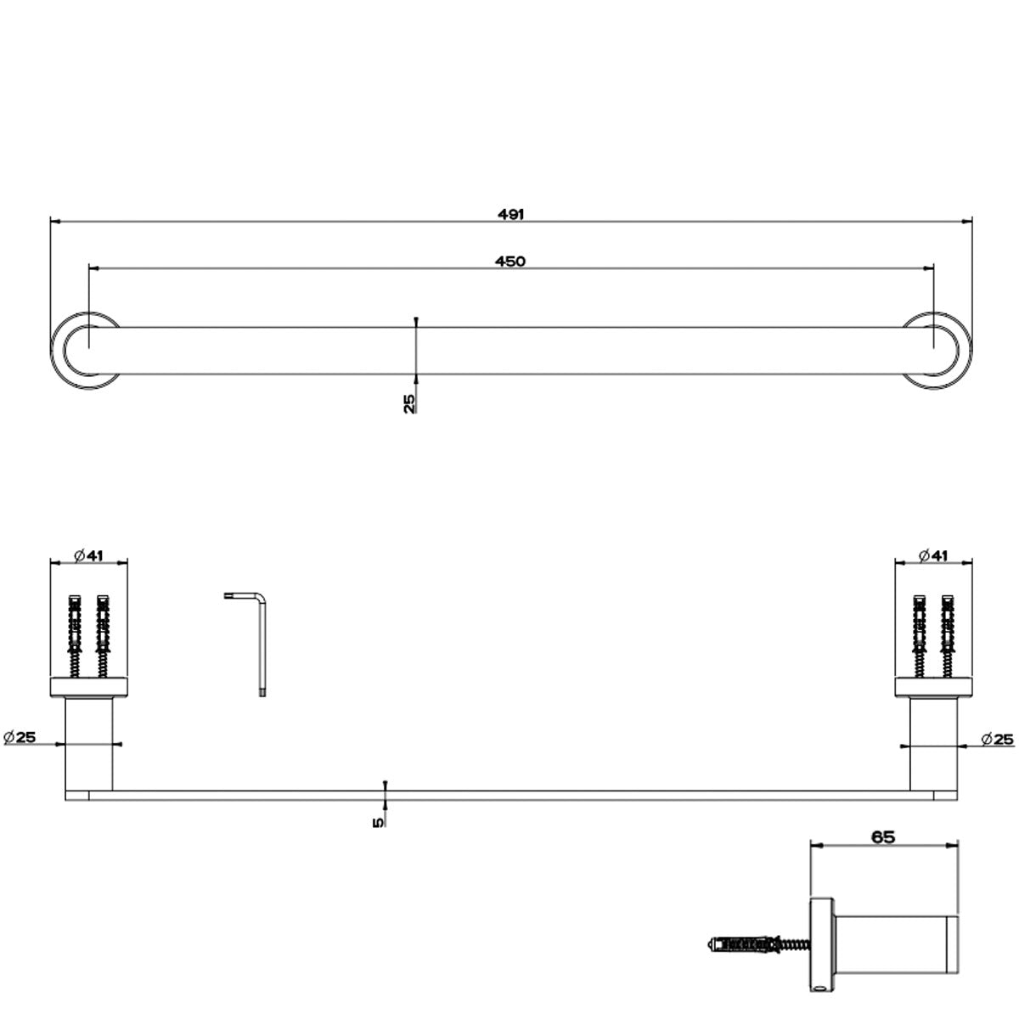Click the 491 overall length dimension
510,214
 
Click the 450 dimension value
510,262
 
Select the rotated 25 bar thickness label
409,403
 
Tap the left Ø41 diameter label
88,555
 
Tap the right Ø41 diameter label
933,555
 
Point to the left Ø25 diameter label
20,737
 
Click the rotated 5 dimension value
378,821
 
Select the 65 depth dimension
883,836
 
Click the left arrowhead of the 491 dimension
54,222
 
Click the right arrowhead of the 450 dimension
930,268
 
